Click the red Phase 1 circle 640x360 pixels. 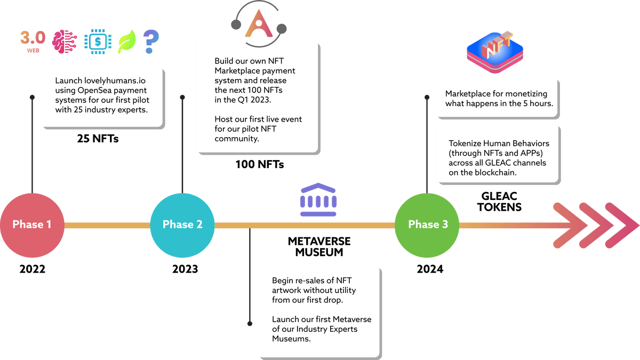32,225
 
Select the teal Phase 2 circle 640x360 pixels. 182,225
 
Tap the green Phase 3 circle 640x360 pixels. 428,225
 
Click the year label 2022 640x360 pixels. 32,269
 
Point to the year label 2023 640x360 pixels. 185,269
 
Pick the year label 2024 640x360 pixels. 430,269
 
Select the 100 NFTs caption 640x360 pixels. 260,165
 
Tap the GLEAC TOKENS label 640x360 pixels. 499,202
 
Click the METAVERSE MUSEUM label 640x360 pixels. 319,246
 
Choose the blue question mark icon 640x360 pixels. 151,41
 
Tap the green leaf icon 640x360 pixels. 126,42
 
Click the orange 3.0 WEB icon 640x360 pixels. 33,40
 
